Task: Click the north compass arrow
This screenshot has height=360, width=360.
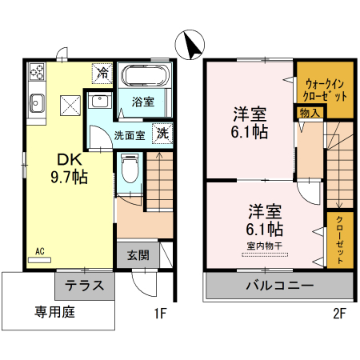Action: [191, 45]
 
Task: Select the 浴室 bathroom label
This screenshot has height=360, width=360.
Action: [143, 102]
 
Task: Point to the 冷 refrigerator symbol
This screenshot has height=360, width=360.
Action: [103, 72]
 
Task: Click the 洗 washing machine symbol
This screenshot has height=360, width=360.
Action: [162, 134]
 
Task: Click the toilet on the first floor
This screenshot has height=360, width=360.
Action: [130, 169]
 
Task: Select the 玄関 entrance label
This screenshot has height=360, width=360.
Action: [138, 256]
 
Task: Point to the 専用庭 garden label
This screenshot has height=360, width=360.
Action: [54, 312]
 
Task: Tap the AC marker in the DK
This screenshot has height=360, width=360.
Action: [39, 250]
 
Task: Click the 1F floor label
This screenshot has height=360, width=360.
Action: [160, 313]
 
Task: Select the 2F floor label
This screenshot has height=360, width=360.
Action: [339, 313]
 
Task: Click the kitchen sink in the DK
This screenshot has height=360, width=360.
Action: [38, 102]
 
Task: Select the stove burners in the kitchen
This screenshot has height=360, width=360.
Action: [38, 74]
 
